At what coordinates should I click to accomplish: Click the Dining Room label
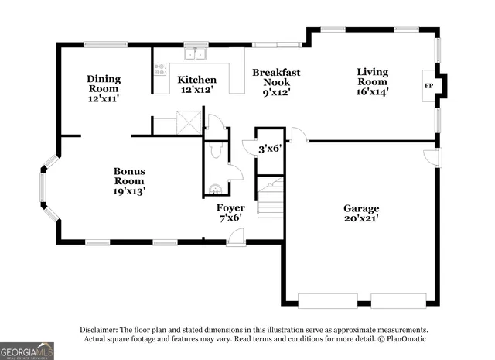(x=103, y=83)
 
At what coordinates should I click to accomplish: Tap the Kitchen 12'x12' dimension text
(x=197, y=90)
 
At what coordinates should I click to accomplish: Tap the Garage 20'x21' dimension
(x=361, y=219)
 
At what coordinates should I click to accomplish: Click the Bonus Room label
(x=129, y=176)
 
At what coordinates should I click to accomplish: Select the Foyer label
(x=230, y=207)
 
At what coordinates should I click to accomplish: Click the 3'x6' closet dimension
(x=270, y=148)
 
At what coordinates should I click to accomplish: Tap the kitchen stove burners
(x=160, y=69)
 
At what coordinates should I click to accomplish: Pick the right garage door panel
(x=398, y=300)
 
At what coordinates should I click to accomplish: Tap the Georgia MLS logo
(x=27, y=351)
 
